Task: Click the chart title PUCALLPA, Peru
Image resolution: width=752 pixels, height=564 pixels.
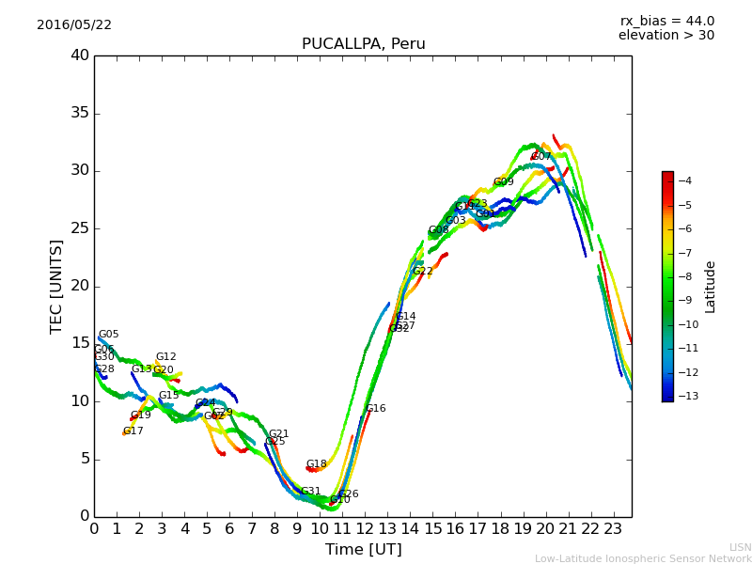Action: tap(363, 44)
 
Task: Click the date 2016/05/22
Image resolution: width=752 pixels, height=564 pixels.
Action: tap(74, 25)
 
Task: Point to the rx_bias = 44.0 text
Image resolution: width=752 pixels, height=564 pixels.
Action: tap(666, 22)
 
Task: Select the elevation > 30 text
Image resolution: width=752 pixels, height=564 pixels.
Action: tap(666, 36)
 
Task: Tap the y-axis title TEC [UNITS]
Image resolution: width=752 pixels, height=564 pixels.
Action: tap(56, 286)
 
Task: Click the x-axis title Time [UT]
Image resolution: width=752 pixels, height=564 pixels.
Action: tap(363, 550)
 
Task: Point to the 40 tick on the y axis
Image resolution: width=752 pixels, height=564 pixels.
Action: tap(80, 55)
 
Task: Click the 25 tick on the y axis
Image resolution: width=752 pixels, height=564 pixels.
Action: tap(80, 228)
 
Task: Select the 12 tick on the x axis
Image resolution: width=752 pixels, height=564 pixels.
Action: tap(365, 528)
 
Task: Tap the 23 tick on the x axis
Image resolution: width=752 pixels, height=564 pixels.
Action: tap(613, 528)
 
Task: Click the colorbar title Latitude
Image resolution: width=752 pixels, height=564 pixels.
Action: tap(711, 287)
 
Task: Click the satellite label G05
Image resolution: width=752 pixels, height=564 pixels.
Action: tap(109, 335)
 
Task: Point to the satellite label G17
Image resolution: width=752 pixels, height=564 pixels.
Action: tap(133, 431)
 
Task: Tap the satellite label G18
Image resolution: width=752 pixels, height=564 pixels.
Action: tap(317, 464)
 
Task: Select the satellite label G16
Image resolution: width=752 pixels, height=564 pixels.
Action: tap(376, 409)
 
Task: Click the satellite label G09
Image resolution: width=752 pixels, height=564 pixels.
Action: tap(504, 182)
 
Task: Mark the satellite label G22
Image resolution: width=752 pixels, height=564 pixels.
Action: tap(423, 272)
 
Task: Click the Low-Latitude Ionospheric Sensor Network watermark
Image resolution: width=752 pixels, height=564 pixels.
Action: tap(643, 559)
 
